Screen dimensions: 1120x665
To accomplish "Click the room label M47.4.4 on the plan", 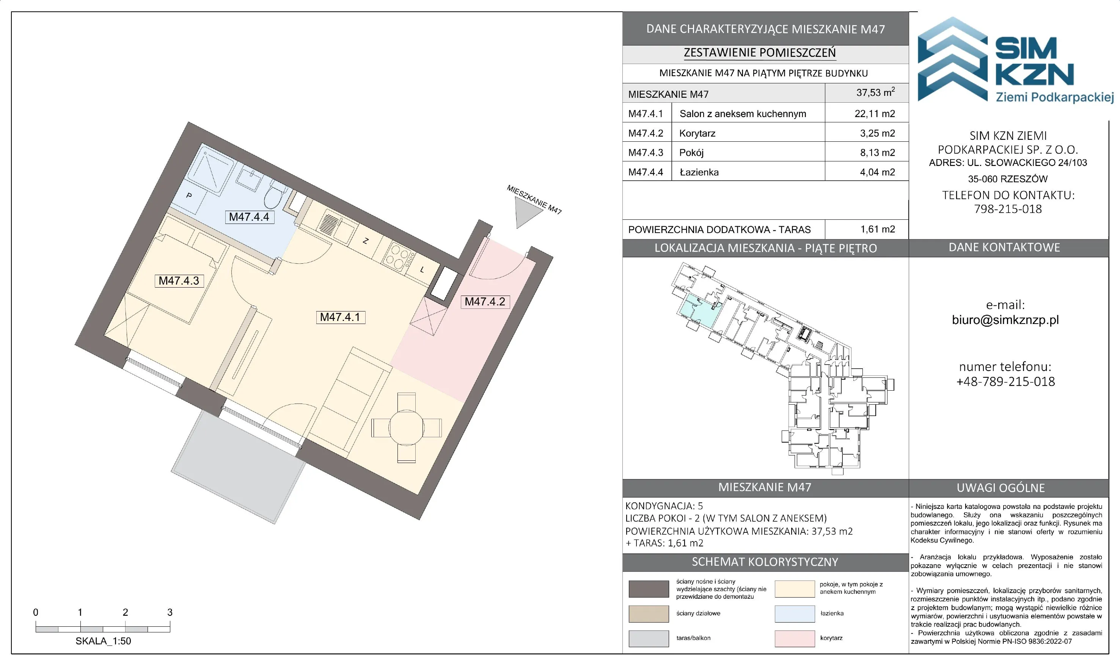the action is click(249, 217).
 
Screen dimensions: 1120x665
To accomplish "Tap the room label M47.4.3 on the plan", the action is click(179, 280).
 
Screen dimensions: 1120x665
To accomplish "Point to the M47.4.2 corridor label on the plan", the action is click(485, 302).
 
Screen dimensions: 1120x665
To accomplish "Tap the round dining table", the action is click(406, 427).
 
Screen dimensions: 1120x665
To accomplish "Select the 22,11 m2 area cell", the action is click(875, 114).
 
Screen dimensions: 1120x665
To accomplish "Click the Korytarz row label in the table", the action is click(697, 133).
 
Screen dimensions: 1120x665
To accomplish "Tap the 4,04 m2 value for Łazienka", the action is click(877, 172).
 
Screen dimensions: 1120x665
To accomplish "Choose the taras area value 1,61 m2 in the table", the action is click(877, 229).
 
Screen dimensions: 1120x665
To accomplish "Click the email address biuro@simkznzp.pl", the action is click(1005, 320).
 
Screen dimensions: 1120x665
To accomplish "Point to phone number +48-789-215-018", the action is click(1005, 381).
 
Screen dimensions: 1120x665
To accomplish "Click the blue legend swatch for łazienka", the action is click(794, 613).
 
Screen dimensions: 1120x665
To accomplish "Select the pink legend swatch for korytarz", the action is click(794, 638).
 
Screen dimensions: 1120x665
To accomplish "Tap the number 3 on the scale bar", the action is click(170, 612).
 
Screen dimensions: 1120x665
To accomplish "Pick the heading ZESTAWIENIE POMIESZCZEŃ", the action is click(760, 53).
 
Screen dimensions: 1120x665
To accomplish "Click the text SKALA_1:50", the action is click(103, 641).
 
